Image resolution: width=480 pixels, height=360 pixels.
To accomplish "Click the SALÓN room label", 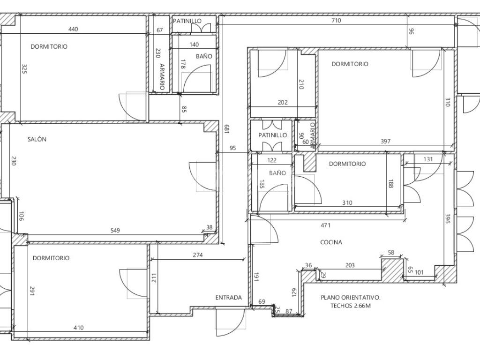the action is click(37, 139).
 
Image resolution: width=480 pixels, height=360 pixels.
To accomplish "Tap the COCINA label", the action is click(331, 242).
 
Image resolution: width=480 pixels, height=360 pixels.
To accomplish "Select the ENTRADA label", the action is click(229, 298).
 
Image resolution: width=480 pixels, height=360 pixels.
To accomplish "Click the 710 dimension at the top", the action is click(336, 21).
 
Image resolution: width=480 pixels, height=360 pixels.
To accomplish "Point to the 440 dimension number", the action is click(73, 29).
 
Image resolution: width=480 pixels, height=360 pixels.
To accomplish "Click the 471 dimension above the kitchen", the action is click(325, 225).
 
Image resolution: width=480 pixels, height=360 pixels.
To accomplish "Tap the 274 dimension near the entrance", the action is click(198, 255).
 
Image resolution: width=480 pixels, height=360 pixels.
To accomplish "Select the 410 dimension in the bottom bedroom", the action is click(79, 328).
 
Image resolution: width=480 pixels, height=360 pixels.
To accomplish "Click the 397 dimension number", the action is click(385, 142).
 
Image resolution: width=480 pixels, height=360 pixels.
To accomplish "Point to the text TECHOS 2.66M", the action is click(351, 306).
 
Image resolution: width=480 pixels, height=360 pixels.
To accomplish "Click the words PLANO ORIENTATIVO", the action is click(351, 297).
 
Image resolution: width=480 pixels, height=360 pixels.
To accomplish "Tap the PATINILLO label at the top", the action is click(187, 21).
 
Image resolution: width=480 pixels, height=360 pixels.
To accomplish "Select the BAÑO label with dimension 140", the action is click(204, 56).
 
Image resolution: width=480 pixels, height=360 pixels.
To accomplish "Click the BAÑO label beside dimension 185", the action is click(277, 173).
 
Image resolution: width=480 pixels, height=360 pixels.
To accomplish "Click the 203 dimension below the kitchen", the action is click(350, 265).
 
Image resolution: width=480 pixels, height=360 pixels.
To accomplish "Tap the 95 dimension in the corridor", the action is click(232, 148).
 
